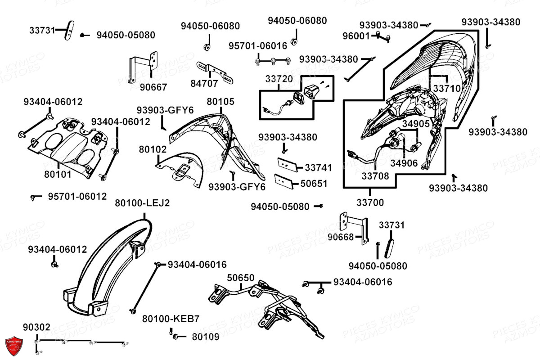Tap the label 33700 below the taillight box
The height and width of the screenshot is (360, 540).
pyautogui.click(x=371, y=203)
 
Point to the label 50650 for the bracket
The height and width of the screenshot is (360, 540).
pyautogui.click(x=240, y=278)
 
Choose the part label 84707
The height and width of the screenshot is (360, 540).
pyautogui.click(x=204, y=84)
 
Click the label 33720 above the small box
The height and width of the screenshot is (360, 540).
pyautogui.click(x=279, y=79)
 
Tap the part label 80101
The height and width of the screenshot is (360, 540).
pyautogui.click(x=58, y=173)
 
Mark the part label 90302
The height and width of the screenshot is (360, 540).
pyautogui.click(x=37, y=327)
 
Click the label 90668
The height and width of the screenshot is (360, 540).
pyautogui.click(x=341, y=237)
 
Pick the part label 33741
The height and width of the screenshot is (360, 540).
pyautogui.click(x=318, y=168)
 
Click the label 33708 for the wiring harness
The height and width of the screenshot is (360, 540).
pyautogui.click(x=375, y=176)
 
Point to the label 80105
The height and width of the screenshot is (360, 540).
pyautogui.click(x=220, y=102)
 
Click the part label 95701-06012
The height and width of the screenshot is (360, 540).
pyautogui.click(x=77, y=197)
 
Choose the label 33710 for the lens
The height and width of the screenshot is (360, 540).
pyautogui.click(x=447, y=89)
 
